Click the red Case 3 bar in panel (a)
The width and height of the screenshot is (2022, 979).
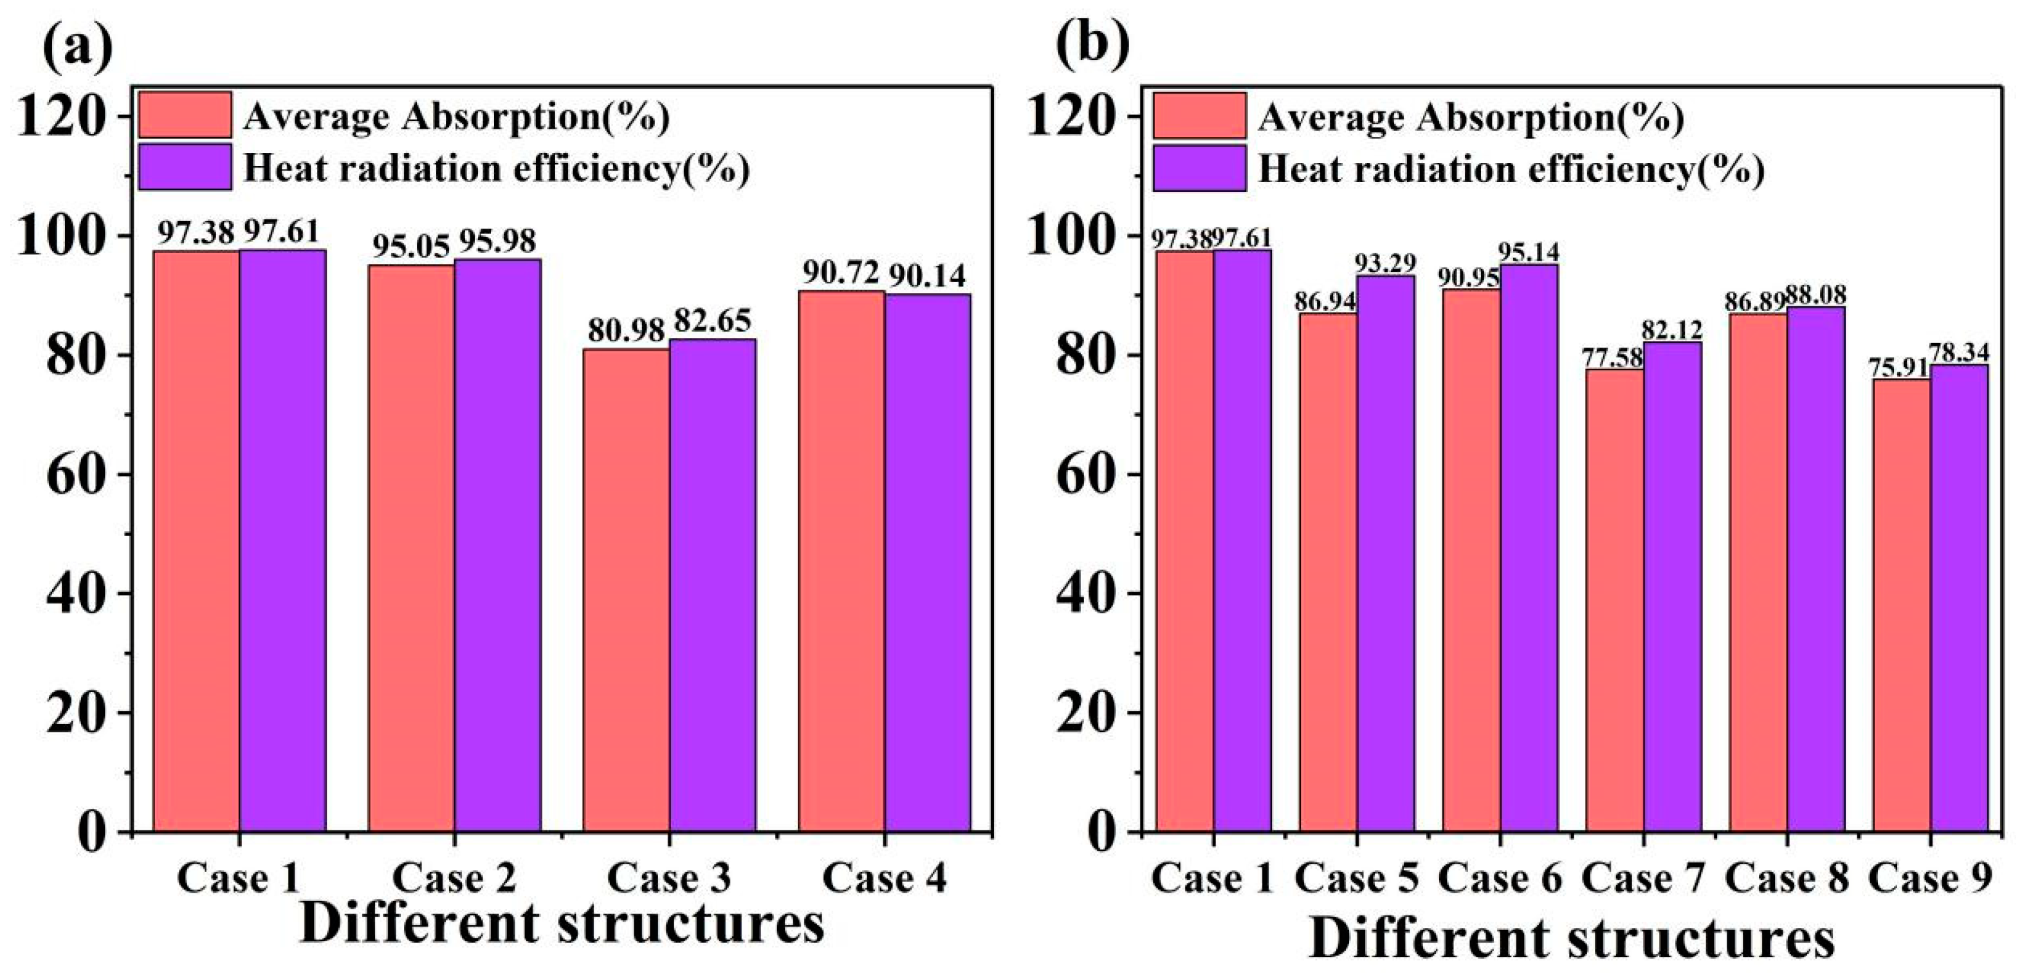pyautogui.click(x=625, y=589)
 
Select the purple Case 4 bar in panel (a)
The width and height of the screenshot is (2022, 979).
pyautogui.click(x=928, y=561)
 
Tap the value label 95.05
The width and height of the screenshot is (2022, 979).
pyautogui.click(x=410, y=246)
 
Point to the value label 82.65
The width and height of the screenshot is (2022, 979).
pyautogui.click(x=713, y=321)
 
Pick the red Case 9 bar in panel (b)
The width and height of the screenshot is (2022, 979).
pyautogui.click(x=1901, y=604)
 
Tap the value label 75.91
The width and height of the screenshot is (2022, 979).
pyautogui.click(x=1901, y=368)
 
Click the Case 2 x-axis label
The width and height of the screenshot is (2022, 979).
pyautogui.click(x=454, y=878)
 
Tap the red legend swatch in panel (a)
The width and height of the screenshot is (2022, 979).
pyautogui.click(x=185, y=115)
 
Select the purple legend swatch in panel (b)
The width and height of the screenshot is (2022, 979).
pyautogui.click(x=1199, y=168)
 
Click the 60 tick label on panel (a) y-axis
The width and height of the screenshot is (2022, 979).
pyautogui.click(x=76, y=476)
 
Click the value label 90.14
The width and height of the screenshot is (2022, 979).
pyautogui.click(x=928, y=275)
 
